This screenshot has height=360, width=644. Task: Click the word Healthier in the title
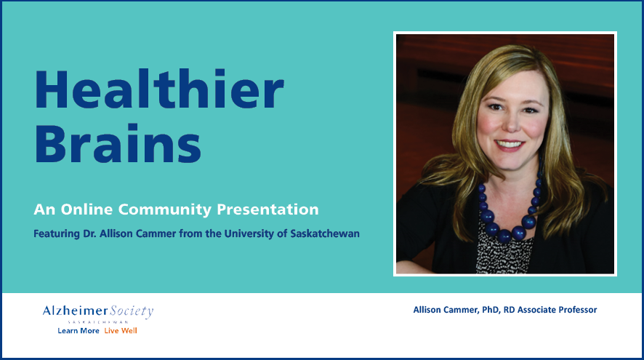[x=159, y=89]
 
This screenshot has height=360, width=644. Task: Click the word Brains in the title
[x=118, y=143]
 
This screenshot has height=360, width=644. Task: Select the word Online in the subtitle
[x=86, y=209]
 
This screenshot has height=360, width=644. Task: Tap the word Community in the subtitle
[x=165, y=210]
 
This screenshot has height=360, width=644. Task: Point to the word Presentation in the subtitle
[x=267, y=209]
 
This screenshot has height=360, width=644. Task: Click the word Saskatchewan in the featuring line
[x=325, y=233]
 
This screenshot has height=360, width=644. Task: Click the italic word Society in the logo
[x=132, y=311]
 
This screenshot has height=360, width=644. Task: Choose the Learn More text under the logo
[x=79, y=331]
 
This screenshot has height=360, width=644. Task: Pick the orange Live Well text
[x=121, y=331]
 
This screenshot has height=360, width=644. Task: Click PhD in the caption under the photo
[x=491, y=310]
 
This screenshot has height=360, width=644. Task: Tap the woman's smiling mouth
[x=510, y=145]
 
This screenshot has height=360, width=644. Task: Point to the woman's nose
[x=512, y=124]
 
